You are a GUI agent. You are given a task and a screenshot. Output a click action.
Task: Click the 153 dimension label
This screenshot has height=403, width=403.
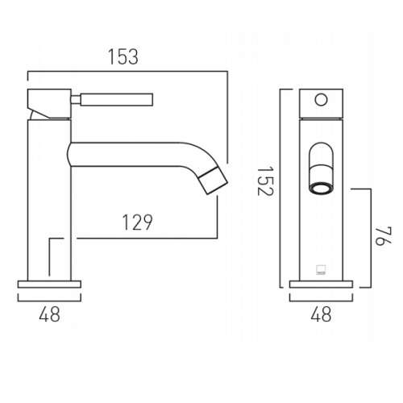123,57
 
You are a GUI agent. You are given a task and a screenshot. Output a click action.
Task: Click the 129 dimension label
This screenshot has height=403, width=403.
137,222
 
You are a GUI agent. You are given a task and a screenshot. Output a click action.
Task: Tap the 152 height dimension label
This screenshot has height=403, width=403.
265,181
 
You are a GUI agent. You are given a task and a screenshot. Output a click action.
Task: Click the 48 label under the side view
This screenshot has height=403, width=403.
49,314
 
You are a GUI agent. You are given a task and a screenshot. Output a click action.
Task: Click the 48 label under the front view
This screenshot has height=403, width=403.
321,314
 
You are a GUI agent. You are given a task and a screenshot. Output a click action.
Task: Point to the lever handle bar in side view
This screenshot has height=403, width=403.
117,99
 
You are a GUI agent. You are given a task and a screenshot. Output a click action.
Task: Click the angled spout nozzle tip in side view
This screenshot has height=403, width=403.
214,181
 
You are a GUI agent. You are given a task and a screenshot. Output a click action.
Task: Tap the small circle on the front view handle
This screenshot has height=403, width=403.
322,100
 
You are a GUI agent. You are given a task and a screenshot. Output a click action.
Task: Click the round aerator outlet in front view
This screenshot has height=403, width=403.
322,188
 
